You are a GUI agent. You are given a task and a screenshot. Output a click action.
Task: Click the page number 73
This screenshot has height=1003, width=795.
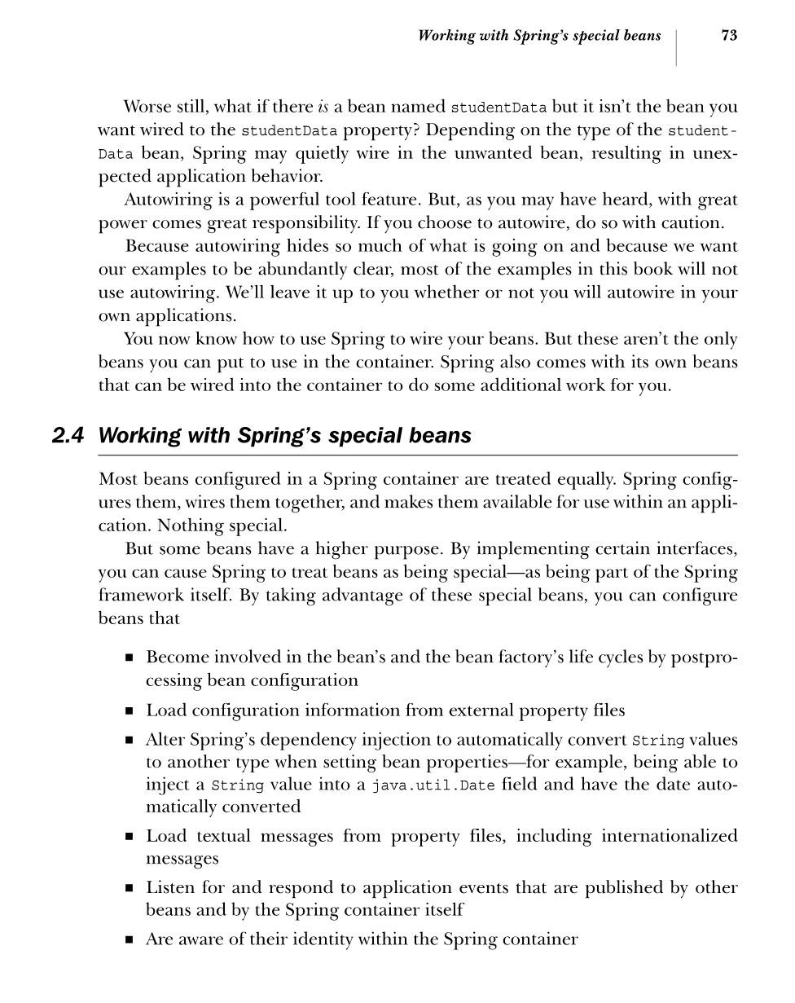pyautogui.click(x=729, y=35)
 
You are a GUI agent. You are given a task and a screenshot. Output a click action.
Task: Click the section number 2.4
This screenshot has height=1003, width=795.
pyautogui.click(x=68, y=436)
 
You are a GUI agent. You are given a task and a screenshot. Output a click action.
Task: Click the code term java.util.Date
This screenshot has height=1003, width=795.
pyautogui.click(x=433, y=785)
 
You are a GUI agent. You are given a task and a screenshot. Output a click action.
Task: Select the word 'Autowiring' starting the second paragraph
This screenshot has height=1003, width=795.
pyautogui.click(x=163, y=200)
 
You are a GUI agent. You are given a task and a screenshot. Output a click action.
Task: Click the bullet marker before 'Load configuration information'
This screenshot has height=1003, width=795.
pyautogui.click(x=130, y=711)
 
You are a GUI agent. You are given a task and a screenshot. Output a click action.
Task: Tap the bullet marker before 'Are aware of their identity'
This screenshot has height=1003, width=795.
pyautogui.click(x=130, y=940)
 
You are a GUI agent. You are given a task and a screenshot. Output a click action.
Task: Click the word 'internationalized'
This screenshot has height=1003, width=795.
pyautogui.click(x=669, y=836)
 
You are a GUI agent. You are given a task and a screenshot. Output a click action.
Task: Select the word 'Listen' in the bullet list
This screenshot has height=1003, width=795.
pyautogui.click(x=169, y=887)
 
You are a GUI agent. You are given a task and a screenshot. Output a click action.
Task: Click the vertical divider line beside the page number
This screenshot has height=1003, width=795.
pyautogui.click(x=677, y=47)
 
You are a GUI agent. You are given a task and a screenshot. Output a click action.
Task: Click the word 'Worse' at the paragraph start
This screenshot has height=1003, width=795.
pyautogui.click(x=148, y=107)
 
